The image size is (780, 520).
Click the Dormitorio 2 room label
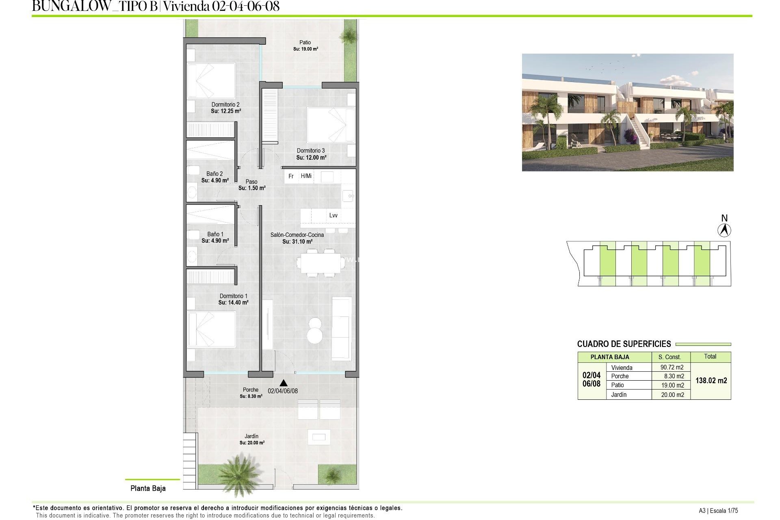225,104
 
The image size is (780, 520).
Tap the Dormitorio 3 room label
311,150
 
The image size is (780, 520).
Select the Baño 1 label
215,234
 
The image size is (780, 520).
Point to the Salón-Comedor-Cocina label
297,235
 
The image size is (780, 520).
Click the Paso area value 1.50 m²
252,188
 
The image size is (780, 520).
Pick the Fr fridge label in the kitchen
291,176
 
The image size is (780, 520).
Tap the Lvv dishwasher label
333,215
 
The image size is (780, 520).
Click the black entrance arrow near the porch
284,383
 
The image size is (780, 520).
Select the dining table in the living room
319,263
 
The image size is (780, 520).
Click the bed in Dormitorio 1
211,329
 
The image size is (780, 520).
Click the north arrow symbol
724,231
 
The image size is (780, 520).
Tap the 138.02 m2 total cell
711,381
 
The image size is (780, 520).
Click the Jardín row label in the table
619,394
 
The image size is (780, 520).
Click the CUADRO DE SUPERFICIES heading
624,344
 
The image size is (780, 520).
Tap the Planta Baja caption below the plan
148,488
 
